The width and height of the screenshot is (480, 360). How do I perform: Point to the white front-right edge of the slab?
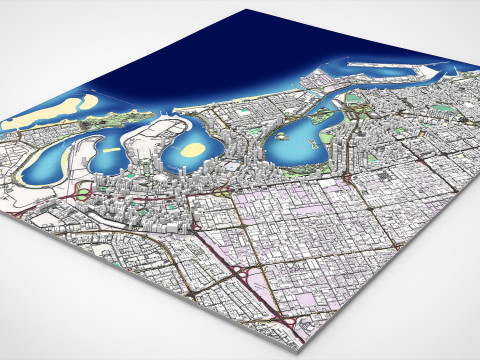(x=400, y=290)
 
